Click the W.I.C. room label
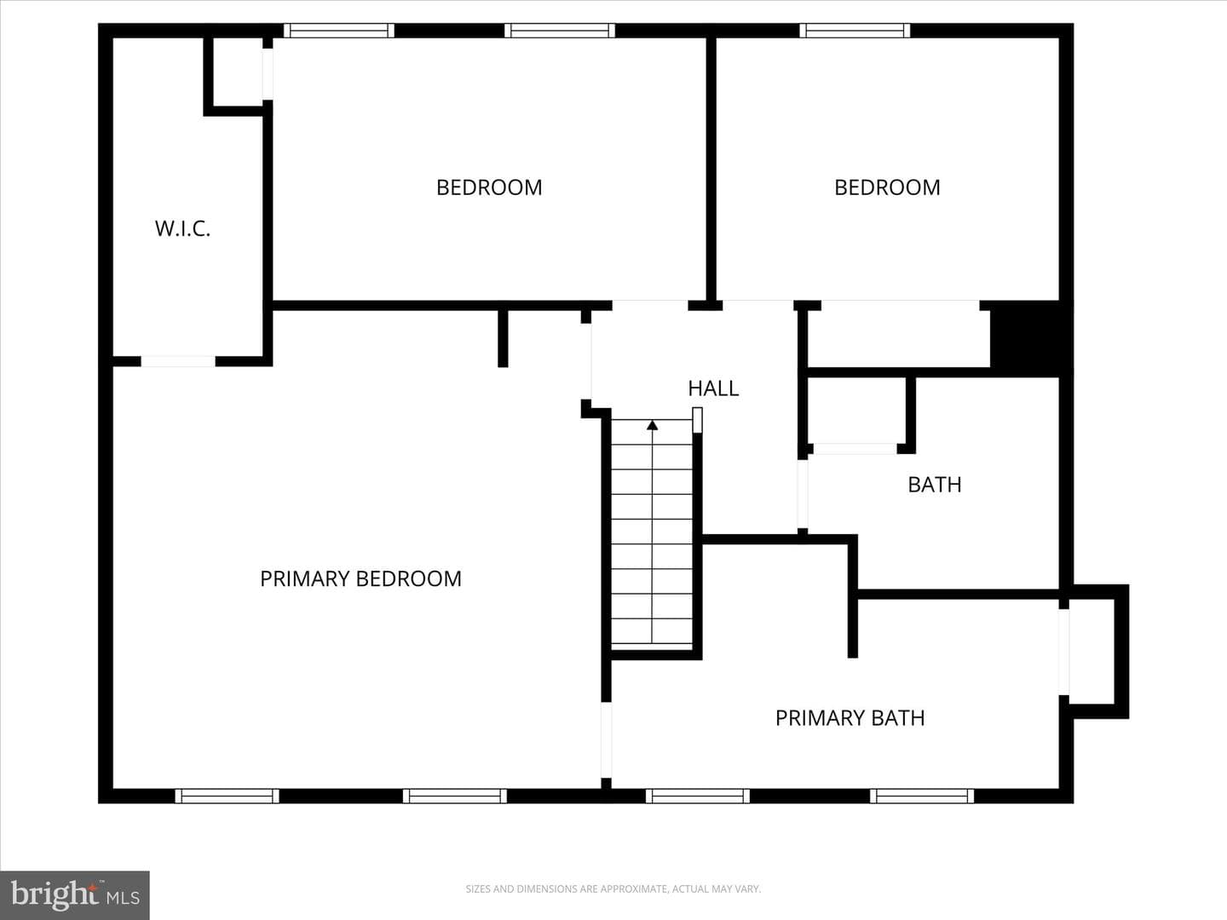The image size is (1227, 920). pyautogui.click(x=183, y=228)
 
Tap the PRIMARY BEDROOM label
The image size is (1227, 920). pyautogui.click(x=360, y=578)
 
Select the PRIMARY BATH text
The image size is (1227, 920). pyautogui.click(x=850, y=718)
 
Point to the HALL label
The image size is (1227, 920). pyautogui.click(x=713, y=388)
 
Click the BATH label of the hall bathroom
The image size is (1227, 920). pyautogui.click(x=935, y=485)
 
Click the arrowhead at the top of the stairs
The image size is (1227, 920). pyautogui.click(x=653, y=425)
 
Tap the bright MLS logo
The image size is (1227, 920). pyautogui.click(x=74, y=895)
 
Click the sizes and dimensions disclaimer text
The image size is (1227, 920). pyautogui.click(x=613, y=888)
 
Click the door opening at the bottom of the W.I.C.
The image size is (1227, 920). pyautogui.click(x=178, y=361)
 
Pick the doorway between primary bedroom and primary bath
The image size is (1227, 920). pyautogui.click(x=606, y=739)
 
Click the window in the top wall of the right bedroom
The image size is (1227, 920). pyautogui.click(x=855, y=30)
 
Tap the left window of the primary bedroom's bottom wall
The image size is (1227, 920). pyautogui.click(x=227, y=796)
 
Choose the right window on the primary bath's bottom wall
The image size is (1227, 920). pyautogui.click(x=922, y=796)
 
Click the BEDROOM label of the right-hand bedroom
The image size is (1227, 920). pyautogui.click(x=887, y=187)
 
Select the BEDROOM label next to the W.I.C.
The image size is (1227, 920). pyautogui.click(x=489, y=187)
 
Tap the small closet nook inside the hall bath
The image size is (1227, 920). pyautogui.click(x=856, y=410)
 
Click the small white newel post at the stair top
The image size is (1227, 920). pyautogui.click(x=697, y=420)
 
